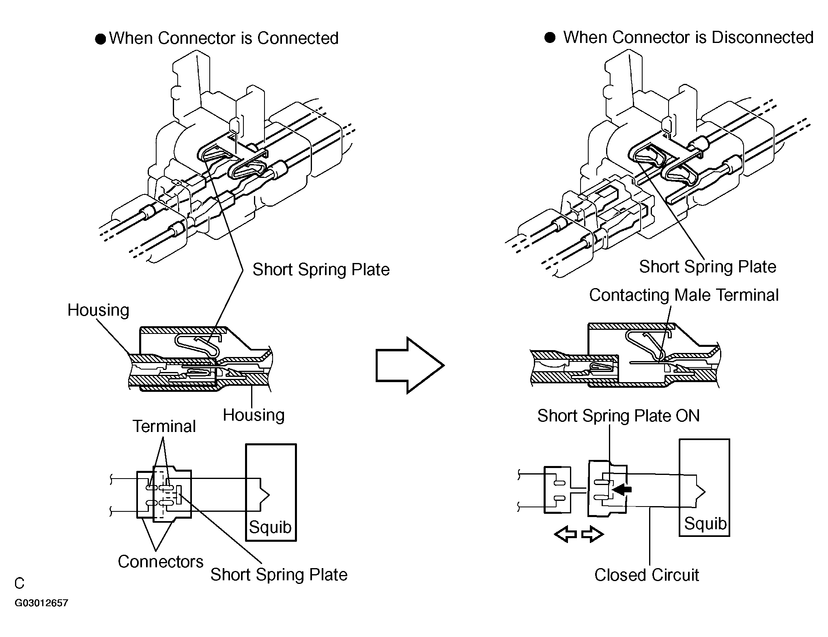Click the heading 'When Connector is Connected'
click(x=224, y=38)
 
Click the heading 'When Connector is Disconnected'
click(x=688, y=37)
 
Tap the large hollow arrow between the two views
click(x=410, y=365)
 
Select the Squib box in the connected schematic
click(x=271, y=492)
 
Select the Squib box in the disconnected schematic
click(x=704, y=488)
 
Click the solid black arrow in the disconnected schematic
click(x=622, y=490)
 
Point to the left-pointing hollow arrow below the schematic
click(x=566, y=534)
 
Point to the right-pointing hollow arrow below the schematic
click(x=593, y=534)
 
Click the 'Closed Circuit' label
click(x=647, y=575)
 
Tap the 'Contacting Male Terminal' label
click(x=684, y=295)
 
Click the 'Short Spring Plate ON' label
click(x=618, y=416)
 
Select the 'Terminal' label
click(x=164, y=426)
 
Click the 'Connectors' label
click(x=161, y=562)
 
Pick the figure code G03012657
click(x=41, y=603)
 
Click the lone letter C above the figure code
click(x=19, y=584)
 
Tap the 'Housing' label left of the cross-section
click(x=98, y=310)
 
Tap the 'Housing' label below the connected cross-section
click(x=254, y=415)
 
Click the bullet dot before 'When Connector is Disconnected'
click(x=550, y=38)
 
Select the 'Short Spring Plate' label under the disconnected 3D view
click(x=708, y=267)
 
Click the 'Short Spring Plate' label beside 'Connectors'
click(x=279, y=575)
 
